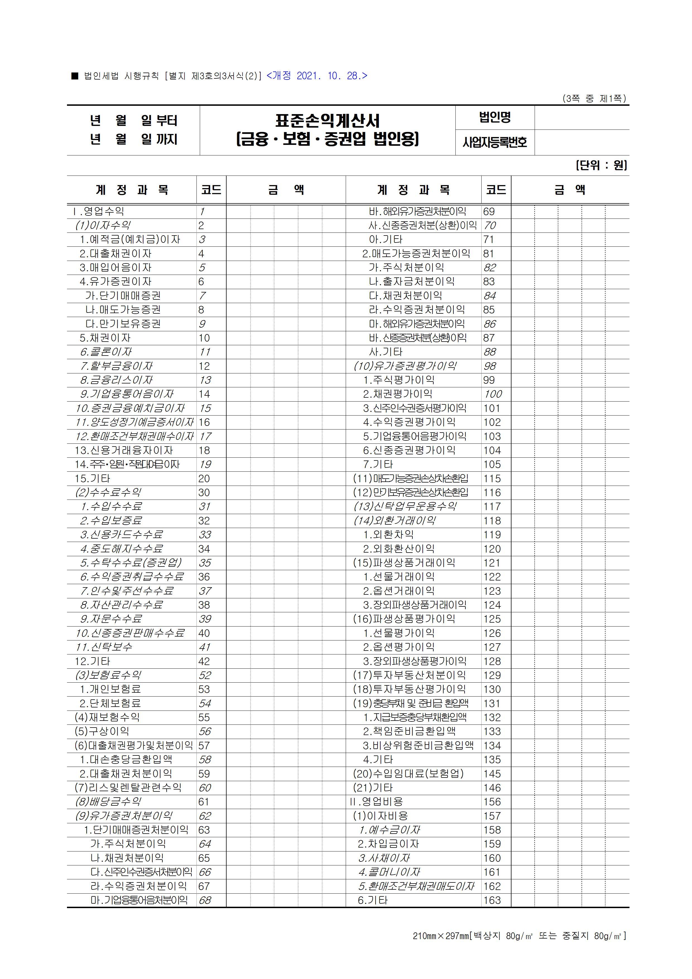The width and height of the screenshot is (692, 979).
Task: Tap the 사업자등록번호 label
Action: click(x=495, y=142)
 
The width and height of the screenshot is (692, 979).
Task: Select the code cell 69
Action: click(x=489, y=212)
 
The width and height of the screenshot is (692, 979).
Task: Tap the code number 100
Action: click(x=493, y=394)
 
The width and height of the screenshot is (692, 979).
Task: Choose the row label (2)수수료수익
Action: click(x=108, y=493)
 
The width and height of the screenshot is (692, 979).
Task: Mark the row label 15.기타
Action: click(x=93, y=478)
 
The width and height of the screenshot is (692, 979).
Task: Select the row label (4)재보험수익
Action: click(x=107, y=718)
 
